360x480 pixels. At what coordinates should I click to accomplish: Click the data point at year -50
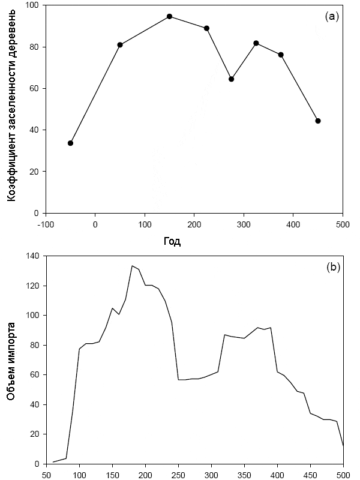coord(70,143)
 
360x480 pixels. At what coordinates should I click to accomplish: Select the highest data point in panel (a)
coord(170,16)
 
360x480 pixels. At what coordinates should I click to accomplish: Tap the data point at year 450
coord(318,121)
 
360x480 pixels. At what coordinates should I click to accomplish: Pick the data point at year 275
coord(231,79)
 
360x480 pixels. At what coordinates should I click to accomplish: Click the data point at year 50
coord(120,45)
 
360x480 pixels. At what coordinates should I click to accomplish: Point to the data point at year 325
coord(256,43)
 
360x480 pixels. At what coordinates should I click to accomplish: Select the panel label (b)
coord(332,268)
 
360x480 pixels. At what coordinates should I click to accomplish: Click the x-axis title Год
coord(172,242)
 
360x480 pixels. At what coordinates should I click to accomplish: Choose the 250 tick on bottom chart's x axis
coord(178,474)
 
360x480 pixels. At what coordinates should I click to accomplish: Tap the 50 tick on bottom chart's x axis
coord(46,474)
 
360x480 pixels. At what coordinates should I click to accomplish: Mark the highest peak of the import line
coord(132,266)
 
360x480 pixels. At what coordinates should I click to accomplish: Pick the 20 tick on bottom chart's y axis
coord(34,434)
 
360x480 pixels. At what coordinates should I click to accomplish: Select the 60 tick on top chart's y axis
coord(34,88)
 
